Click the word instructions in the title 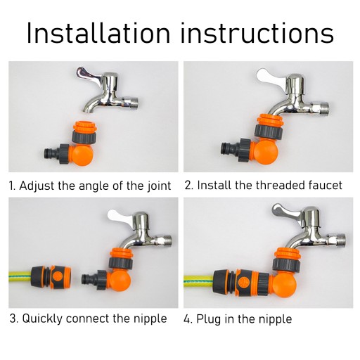pyautogui.click(x=257, y=33)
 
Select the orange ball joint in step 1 pyautogui.click(x=82, y=155)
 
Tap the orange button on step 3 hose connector pyautogui.click(x=57, y=276)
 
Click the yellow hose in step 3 pyautogui.click(x=20, y=275)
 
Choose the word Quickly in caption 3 pyautogui.click(x=42, y=319)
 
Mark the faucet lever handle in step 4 pyautogui.click(x=287, y=210)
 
